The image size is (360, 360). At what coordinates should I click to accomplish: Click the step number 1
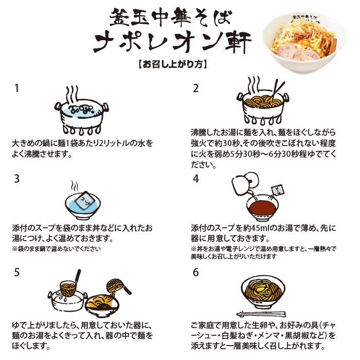[x=16, y=88]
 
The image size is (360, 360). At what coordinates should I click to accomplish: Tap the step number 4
[x=196, y=178]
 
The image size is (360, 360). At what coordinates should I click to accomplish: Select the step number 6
[x=196, y=272]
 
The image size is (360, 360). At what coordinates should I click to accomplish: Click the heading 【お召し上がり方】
[x=173, y=64]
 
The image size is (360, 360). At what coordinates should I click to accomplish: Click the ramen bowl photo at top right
[x=303, y=42]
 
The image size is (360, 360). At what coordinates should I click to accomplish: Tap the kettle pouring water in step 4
[x=245, y=183]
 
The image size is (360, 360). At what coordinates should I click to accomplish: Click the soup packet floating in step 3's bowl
[x=84, y=201]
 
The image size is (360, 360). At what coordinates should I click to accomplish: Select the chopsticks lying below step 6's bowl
[x=261, y=314]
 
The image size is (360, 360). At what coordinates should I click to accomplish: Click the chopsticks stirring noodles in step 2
[x=277, y=91]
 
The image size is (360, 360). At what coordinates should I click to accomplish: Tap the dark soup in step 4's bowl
[x=262, y=207]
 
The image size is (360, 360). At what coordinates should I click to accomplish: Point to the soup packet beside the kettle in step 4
[x=278, y=190]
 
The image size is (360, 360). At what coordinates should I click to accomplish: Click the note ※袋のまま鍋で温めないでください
[x=56, y=248]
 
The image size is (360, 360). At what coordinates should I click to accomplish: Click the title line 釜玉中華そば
[x=170, y=17]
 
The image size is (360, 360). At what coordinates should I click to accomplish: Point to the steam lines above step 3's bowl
[x=75, y=186]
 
